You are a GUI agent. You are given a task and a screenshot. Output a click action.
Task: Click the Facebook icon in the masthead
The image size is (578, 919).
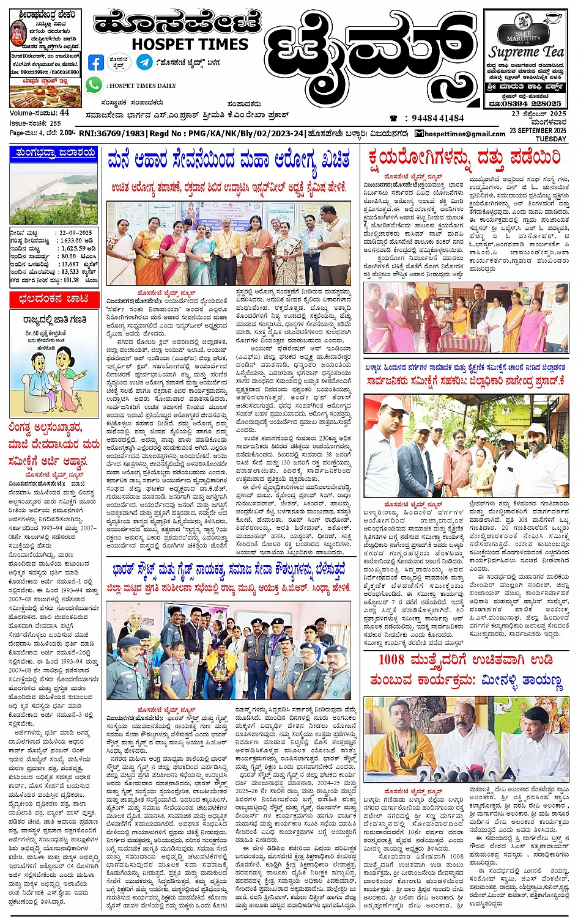[x=96, y=62]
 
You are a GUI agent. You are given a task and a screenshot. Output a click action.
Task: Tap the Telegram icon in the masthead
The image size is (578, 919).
[x=144, y=62]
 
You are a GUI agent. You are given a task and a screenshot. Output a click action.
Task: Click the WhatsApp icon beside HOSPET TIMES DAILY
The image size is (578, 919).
[x=94, y=86]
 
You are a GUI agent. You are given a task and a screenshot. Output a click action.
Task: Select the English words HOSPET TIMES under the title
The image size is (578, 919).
[x=190, y=45]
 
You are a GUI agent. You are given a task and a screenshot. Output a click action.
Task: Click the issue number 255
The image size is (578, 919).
[x=55, y=123]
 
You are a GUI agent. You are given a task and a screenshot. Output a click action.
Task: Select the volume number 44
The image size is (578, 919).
[x=64, y=113]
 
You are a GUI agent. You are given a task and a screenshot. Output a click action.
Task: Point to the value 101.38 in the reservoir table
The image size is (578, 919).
[x=71, y=280]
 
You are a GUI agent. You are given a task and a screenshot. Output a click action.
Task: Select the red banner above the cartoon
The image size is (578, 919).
[x=54, y=299]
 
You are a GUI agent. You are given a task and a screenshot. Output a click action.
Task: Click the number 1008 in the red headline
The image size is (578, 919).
[x=391, y=660]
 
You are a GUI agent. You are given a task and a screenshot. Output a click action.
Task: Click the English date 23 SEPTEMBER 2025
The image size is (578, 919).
[x=538, y=131]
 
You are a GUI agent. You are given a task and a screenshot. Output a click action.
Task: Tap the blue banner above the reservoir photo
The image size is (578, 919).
[x=54, y=153]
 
